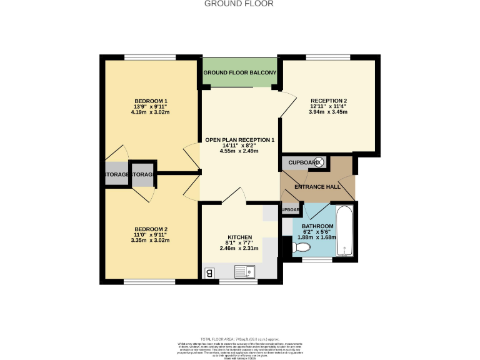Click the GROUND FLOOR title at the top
[x=239, y=4]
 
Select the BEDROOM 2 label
[x=151, y=229]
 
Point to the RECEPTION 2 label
[x=329, y=101]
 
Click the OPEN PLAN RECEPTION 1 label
[x=239, y=139]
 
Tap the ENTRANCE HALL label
[x=317, y=187]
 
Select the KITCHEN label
[x=239, y=237]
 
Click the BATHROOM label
[x=317, y=226]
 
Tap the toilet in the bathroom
[x=302, y=248]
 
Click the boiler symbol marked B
[x=210, y=272]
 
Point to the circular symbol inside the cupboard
[x=318, y=162]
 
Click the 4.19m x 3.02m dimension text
[x=151, y=112]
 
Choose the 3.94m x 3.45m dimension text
[x=329, y=112]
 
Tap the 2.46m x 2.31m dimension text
[x=239, y=249]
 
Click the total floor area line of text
[x=239, y=337]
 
